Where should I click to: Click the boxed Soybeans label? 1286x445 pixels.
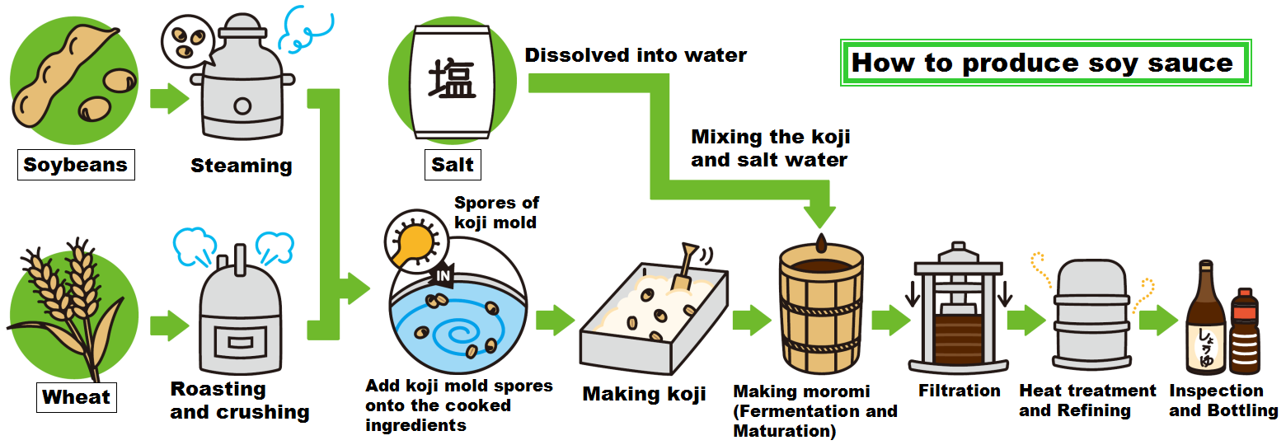pyautogui.click(x=76, y=164)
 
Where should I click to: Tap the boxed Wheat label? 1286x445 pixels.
pyautogui.click(x=76, y=397)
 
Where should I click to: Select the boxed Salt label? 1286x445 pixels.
pyautogui.click(x=453, y=164)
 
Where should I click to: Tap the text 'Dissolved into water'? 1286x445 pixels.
pyautogui.click(x=636, y=55)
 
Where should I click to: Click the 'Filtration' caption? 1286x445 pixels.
pyautogui.click(x=960, y=391)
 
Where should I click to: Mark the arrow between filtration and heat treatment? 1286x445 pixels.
pyautogui.click(x=1026, y=320)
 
